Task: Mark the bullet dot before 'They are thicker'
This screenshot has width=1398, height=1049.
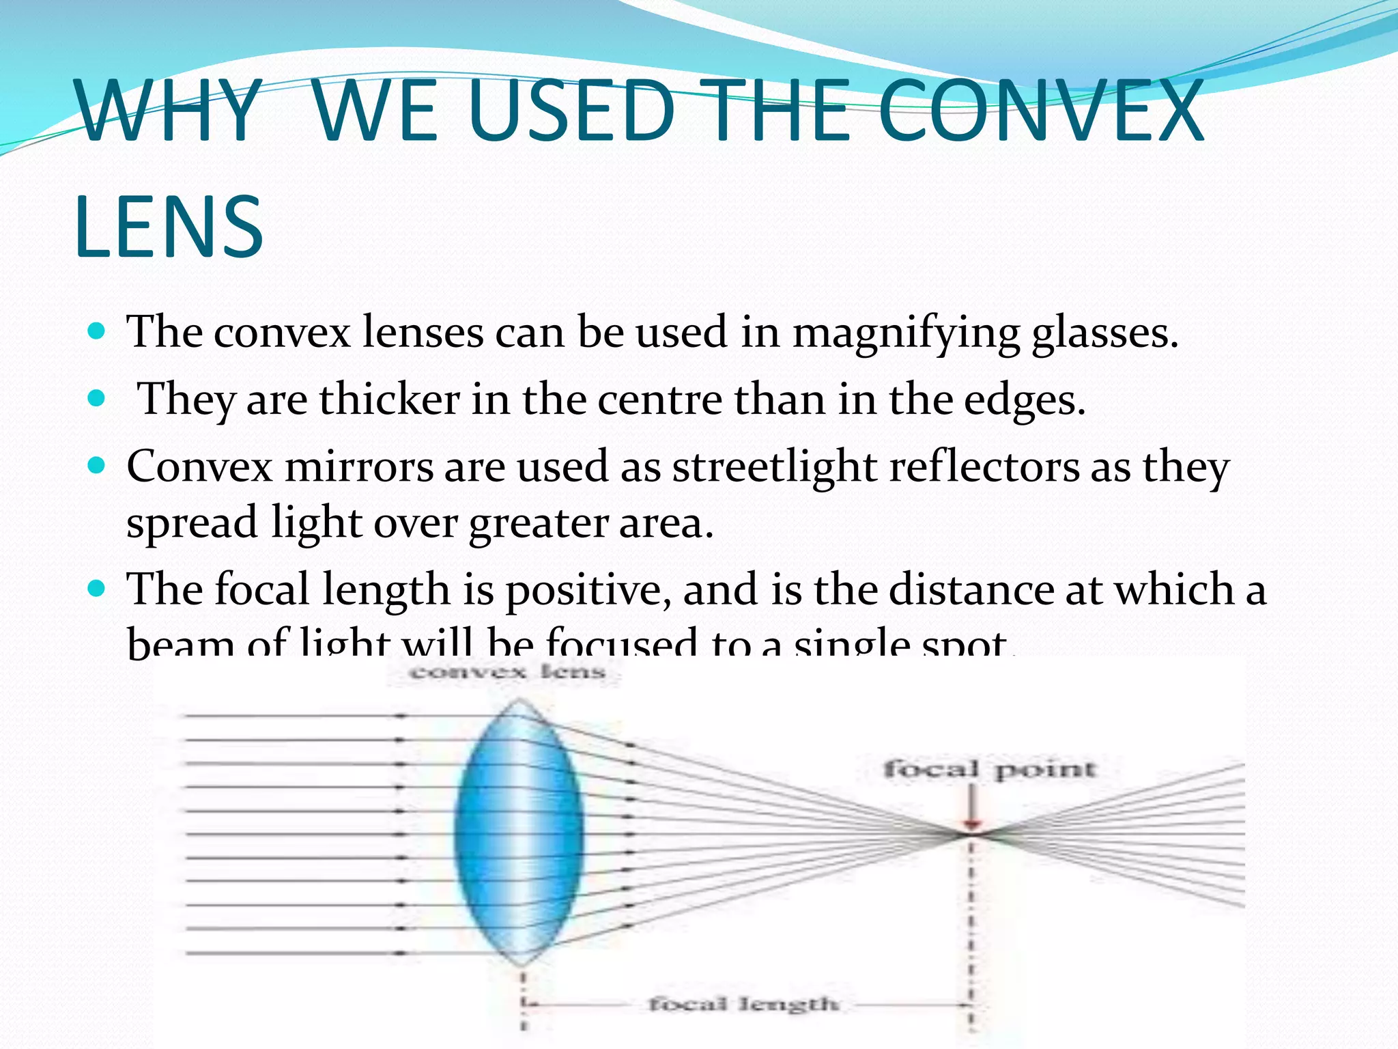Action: point(97,398)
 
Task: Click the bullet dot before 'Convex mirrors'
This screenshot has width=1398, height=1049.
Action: point(97,466)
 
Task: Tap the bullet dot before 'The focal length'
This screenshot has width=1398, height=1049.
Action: point(97,588)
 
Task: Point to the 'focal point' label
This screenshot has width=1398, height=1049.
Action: point(990,770)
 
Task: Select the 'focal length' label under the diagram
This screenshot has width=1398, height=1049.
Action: point(743,1004)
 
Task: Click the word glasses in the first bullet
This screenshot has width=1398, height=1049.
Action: point(1104,333)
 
